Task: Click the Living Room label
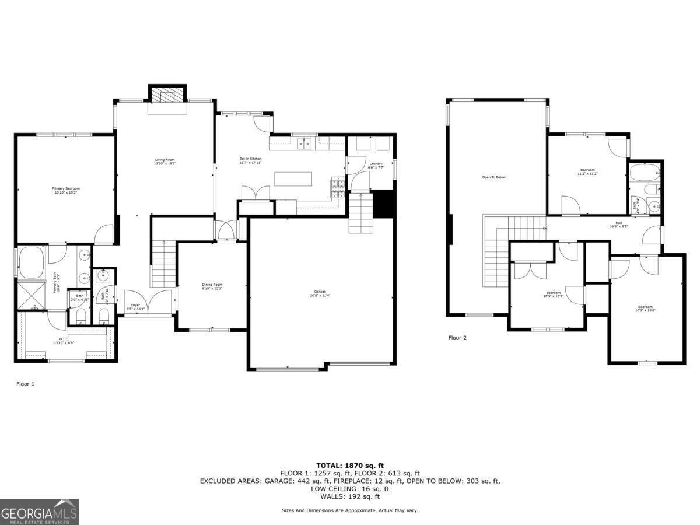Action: pyautogui.click(x=164, y=162)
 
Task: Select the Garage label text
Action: pyautogui.click(x=320, y=293)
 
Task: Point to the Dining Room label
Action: pyautogui.click(x=212, y=286)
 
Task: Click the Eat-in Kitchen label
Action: pyautogui.click(x=250, y=160)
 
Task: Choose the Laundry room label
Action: pyautogui.click(x=376, y=165)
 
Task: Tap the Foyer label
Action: pyautogui.click(x=135, y=307)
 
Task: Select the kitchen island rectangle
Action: pyautogui.click(x=293, y=178)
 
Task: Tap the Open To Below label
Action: pyautogui.click(x=494, y=177)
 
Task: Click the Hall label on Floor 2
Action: pyautogui.click(x=619, y=225)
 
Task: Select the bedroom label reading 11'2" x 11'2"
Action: pyautogui.click(x=587, y=171)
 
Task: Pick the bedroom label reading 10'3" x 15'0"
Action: pyautogui.click(x=645, y=309)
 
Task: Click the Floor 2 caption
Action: pyautogui.click(x=457, y=338)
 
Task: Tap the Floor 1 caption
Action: pyautogui.click(x=25, y=384)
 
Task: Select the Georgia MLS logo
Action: pyautogui.click(x=39, y=512)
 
